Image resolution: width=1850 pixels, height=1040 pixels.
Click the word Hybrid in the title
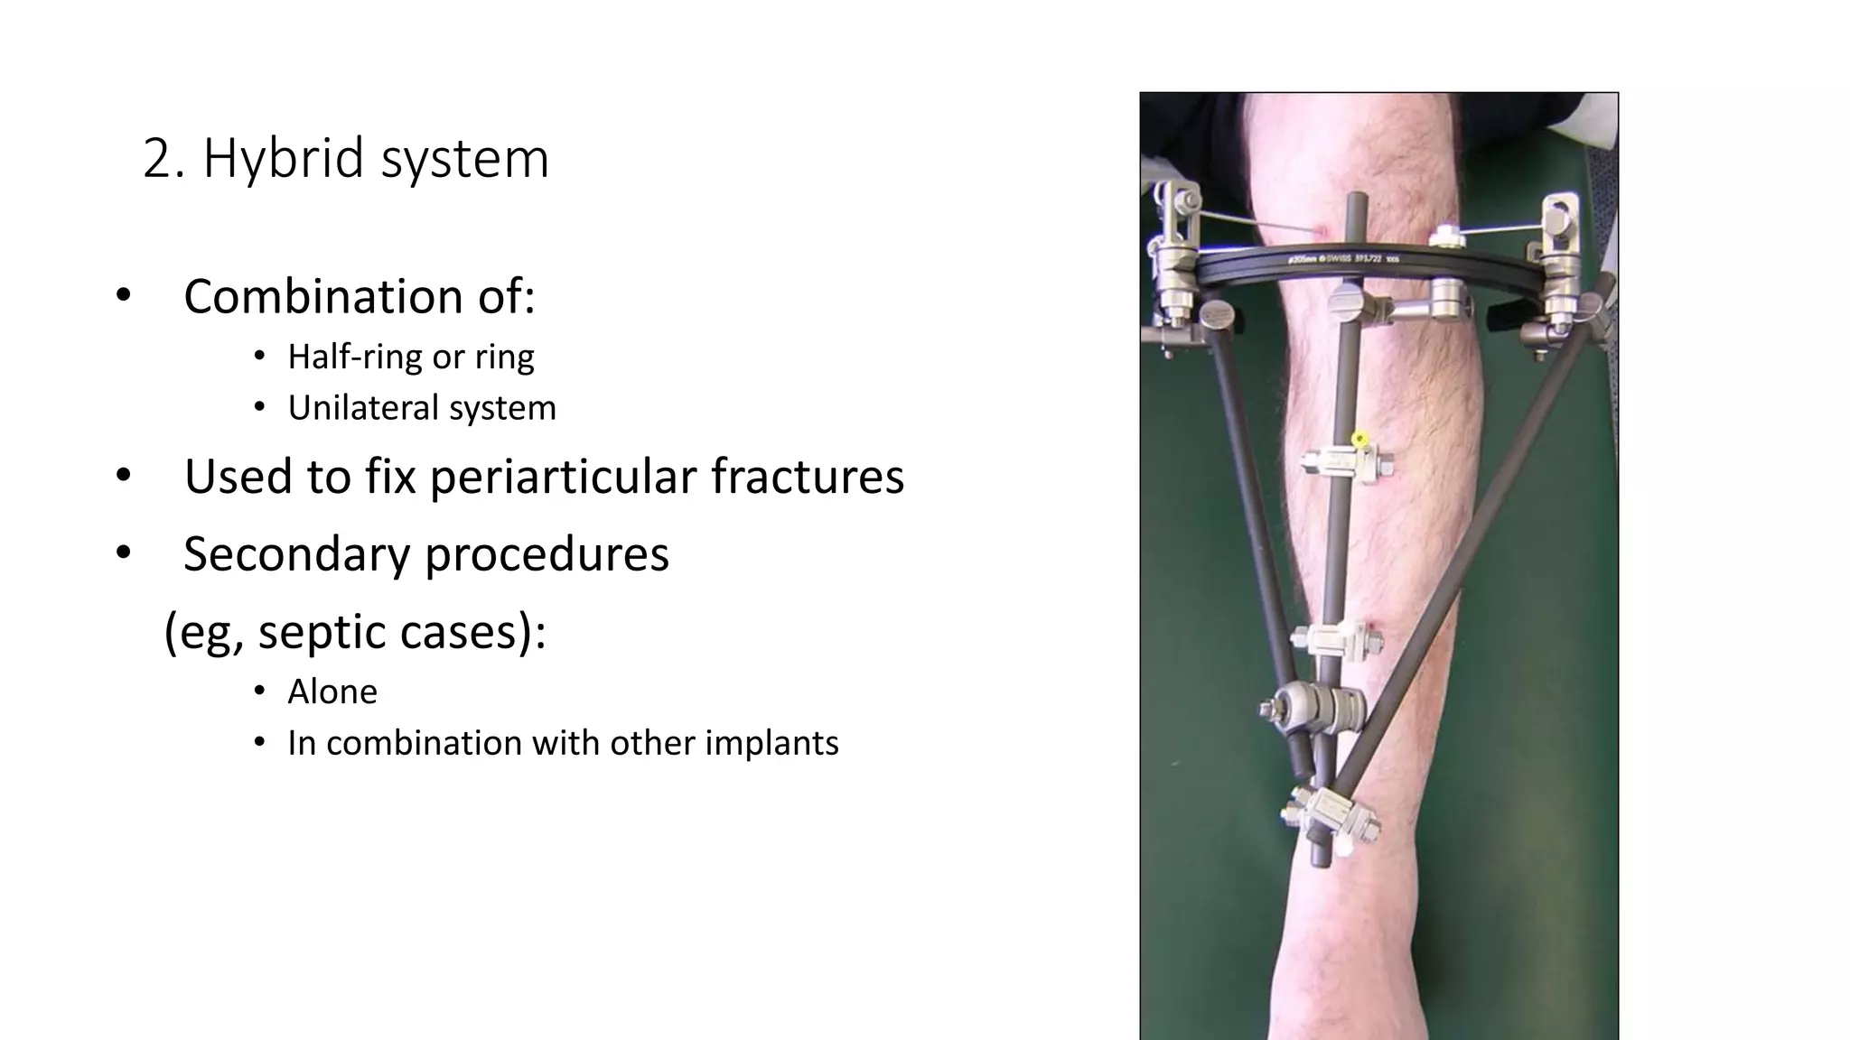(285, 159)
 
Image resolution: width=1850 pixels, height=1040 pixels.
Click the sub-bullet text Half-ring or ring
(410, 357)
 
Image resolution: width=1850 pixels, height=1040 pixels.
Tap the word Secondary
(296, 553)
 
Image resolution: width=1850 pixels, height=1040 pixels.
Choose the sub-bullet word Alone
(332, 692)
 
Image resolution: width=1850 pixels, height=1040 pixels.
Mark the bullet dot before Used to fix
(124, 476)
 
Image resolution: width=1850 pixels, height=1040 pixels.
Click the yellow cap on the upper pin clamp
(1358, 441)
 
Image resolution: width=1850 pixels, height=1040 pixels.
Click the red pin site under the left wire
(1322, 232)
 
